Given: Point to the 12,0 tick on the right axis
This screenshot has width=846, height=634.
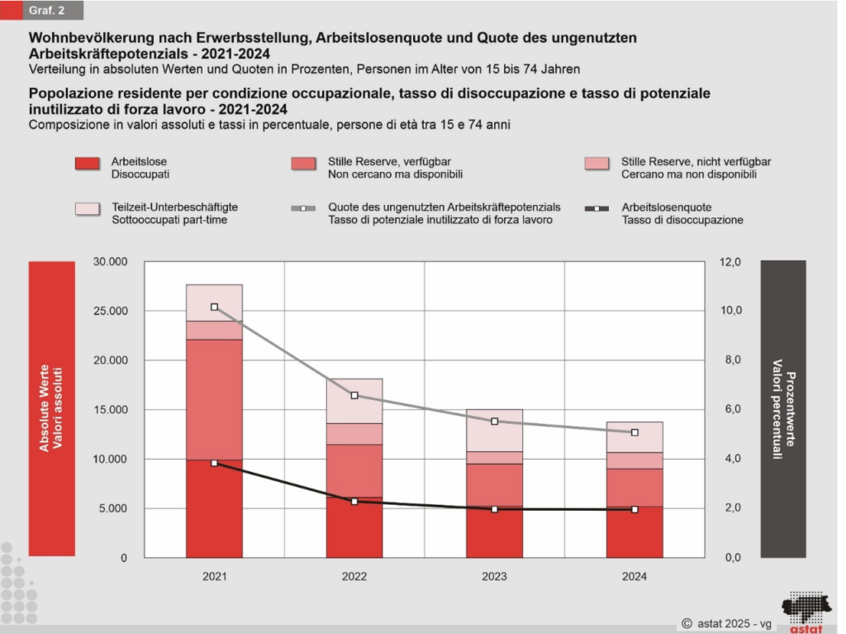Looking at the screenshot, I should pos(732,262).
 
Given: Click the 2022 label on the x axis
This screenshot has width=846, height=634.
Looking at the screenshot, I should pos(354,576).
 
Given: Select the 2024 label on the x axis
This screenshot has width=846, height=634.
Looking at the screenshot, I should pos(634,576).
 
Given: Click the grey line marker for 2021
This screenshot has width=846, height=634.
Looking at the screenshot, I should pos(214,307).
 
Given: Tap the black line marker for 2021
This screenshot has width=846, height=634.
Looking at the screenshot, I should pos(214,463).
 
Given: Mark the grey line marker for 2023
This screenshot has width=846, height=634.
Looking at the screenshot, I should pos(495,422).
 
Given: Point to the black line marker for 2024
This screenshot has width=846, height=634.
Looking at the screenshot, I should pos(634,509).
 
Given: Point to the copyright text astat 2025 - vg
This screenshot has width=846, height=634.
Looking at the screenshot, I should pos(727,623).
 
